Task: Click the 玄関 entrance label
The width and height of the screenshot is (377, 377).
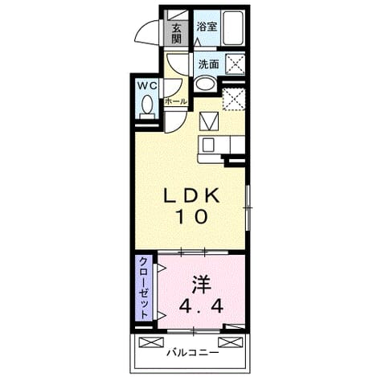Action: pyautogui.click(x=176, y=34)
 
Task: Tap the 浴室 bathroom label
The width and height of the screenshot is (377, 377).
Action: pyautogui.click(x=207, y=27)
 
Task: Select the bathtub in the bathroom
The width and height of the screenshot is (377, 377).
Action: pyautogui.click(x=233, y=28)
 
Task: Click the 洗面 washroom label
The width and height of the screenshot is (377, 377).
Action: pyautogui.click(x=209, y=64)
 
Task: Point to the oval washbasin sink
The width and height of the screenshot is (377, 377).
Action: pyautogui.click(x=206, y=84)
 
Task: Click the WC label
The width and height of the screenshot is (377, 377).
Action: pyautogui.click(x=147, y=86)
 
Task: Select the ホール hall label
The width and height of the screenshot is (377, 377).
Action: pyautogui.click(x=176, y=101)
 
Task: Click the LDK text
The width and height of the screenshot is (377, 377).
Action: pyautogui.click(x=192, y=196)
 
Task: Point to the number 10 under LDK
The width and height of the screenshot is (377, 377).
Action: pyautogui.click(x=191, y=217)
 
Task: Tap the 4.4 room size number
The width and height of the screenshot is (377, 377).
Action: pyautogui.click(x=201, y=305)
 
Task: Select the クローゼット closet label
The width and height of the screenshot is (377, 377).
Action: pyautogui.click(x=144, y=288)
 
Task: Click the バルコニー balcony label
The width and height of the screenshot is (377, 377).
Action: pyautogui.click(x=193, y=353)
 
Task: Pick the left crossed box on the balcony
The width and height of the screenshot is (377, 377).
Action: pyautogui.click(x=151, y=342)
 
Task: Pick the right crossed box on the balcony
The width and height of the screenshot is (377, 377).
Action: pyautogui.click(x=231, y=342)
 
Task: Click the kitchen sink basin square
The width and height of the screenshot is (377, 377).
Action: pyautogui.click(x=208, y=145)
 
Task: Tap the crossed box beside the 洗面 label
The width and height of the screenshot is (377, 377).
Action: pyautogui.click(x=236, y=64)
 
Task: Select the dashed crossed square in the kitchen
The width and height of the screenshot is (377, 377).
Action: pyautogui.click(x=234, y=99)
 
